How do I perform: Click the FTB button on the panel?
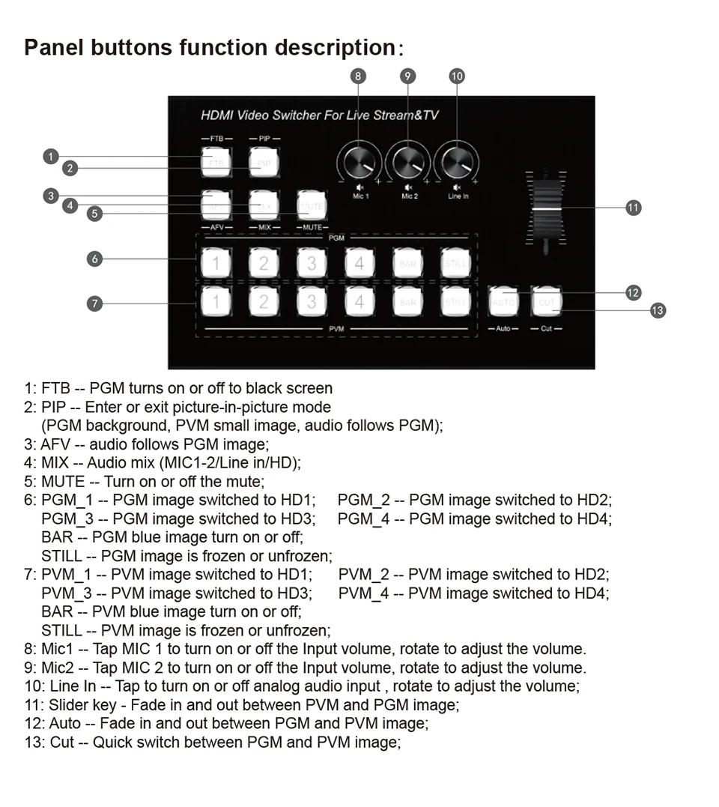pyautogui.click(x=216, y=163)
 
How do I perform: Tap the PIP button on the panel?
pyautogui.click(x=264, y=163)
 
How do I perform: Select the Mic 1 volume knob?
pyautogui.click(x=359, y=161)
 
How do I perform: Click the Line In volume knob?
pyautogui.click(x=458, y=161)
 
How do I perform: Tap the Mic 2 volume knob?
pyautogui.click(x=408, y=161)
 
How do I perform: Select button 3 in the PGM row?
pyautogui.click(x=312, y=263)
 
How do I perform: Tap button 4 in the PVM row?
pyautogui.click(x=359, y=302)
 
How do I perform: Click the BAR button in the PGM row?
pyautogui.click(x=407, y=263)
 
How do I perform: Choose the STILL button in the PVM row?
pyautogui.click(x=455, y=302)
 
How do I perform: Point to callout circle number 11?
pyautogui.click(x=634, y=208)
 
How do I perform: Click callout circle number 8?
pyautogui.click(x=359, y=76)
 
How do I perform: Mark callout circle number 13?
pyautogui.click(x=658, y=310)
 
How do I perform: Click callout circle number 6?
pyautogui.click(x=94, y=259)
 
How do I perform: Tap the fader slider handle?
pyautogui.click(x=546, y=208)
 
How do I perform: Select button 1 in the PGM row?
pyautogui.click(x=216, y=263)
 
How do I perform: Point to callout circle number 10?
pyautogui.click(x=457, y=76)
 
